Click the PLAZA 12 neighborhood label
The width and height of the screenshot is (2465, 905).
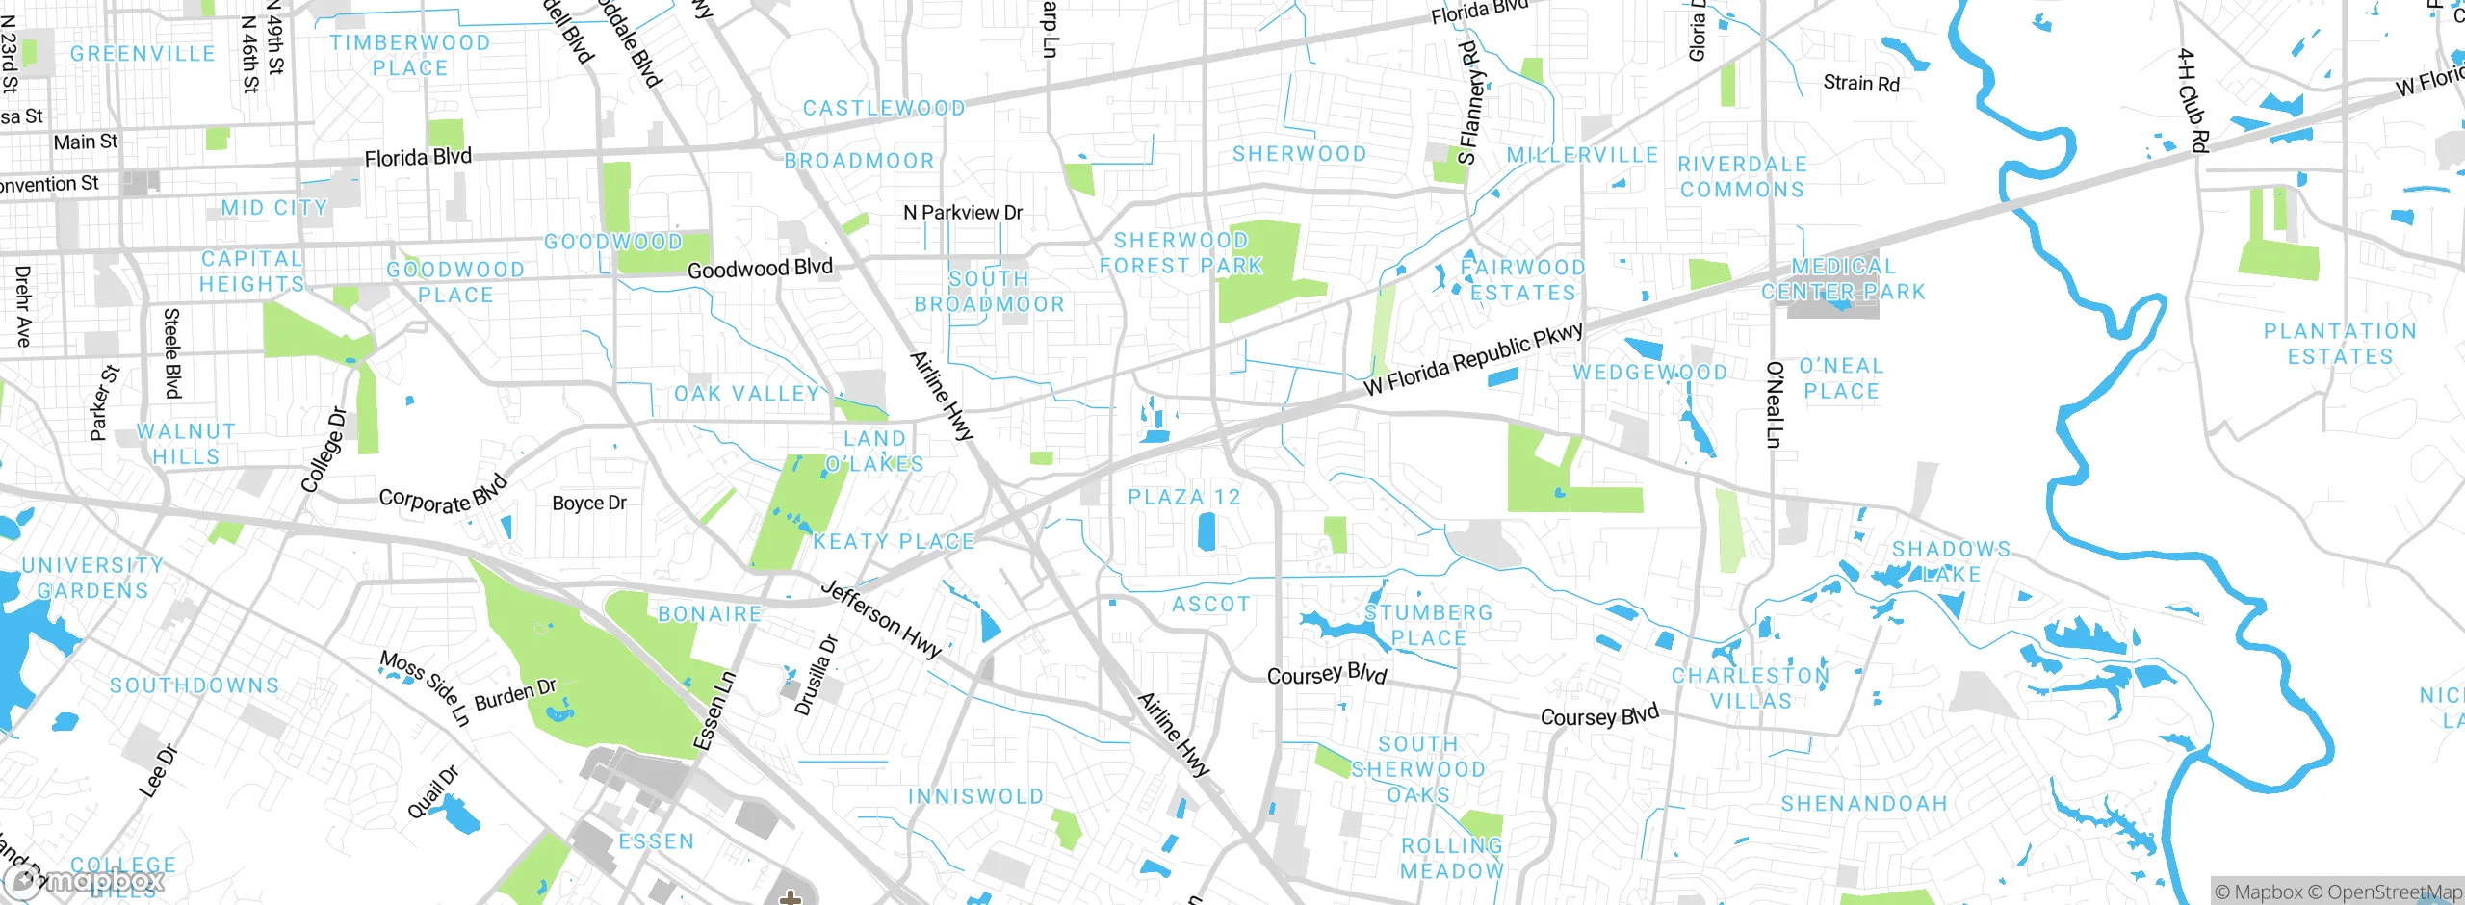click(x=1184, y=497)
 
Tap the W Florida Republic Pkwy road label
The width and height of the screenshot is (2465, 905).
click(x=1473, y=359)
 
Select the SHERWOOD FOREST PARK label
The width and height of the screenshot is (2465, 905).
click(x=1181, y=252)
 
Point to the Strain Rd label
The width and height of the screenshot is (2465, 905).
click(x=1861, y=84)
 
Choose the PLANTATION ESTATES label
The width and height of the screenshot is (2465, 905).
click(x=2340, y=344)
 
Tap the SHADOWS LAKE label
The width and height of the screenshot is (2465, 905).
click(x=1951, y=561)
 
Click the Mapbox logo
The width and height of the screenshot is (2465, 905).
click(x=85, y=881)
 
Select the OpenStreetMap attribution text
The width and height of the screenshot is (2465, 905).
click(x=2394, y=892)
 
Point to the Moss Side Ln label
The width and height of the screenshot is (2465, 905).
click(x=425, y=687)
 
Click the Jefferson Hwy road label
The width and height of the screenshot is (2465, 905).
click(x=881, y=619)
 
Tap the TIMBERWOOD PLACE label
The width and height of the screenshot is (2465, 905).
click(x=410, y=56)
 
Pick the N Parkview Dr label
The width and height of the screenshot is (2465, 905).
click(x=963, y=212)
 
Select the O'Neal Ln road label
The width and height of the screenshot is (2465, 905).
click(x=1774, y=404)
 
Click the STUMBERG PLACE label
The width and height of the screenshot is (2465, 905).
click(x=1429, y=625)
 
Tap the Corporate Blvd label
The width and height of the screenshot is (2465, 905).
click(x=443, y=496)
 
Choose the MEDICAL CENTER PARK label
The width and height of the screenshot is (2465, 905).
click(x=1843, y=278)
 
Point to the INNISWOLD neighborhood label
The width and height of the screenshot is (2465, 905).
click(x=976, y=796)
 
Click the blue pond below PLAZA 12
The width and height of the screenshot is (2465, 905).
click(x=1206, y=531)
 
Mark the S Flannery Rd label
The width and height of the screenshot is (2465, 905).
click(x=1468, y=102)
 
